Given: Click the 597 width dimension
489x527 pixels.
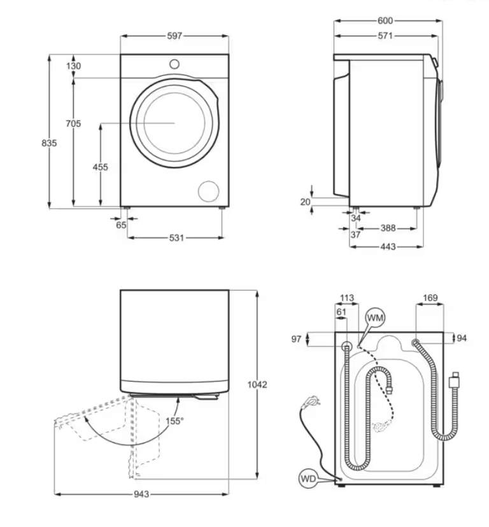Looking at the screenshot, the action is click(x=174, y=36).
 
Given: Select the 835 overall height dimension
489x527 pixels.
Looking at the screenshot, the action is click(x=49, y=143).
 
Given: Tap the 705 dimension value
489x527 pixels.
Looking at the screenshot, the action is click(x=73, y=124).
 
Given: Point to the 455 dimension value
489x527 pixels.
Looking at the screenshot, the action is click(x=101, y=167).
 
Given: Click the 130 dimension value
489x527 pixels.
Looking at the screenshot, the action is click(x=73, y=66).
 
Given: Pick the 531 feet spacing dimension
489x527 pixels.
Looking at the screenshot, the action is click(x=176, y=238).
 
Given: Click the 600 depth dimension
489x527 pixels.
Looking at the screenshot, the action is click(x=385, y=21).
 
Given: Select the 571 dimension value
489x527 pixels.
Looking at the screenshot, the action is click(x=385, y=36).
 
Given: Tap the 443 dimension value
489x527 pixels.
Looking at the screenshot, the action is click(x=388, y=247).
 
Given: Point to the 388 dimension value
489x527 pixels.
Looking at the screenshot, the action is click(x=388, y=228).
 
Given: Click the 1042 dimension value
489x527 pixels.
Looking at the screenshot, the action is click(x=257, y=384).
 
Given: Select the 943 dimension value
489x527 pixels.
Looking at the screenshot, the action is click(x=141, y=494).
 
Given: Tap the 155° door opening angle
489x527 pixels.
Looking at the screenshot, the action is click(x=174, y=421).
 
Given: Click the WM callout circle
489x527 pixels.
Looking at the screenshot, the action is click(x=375, y=317).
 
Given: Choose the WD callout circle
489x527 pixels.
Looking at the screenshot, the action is click(x=308, y=479).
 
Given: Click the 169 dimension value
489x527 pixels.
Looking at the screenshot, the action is click(x=430, y=298).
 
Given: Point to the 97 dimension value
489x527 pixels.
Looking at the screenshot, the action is click(x=296, y=339).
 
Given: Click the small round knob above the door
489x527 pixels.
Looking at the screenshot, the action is click(x=174, y=64).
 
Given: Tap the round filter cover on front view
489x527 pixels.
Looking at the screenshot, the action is click(x=209, y=191).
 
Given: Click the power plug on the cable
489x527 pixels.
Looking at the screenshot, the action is click(x=311, y=401).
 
